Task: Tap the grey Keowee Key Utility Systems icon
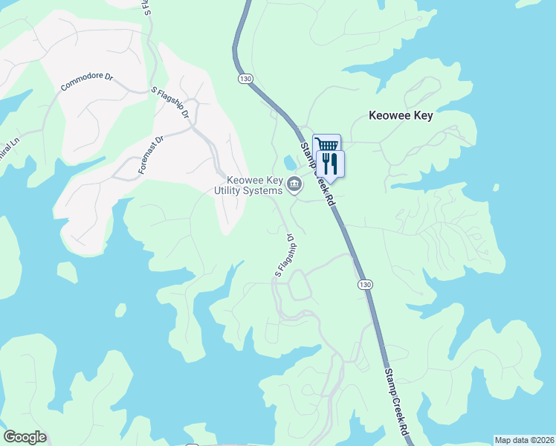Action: pos(294,184)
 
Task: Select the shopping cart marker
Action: pos(327,145)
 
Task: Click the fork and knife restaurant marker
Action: pos(330,163)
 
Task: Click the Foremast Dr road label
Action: pos(150,155)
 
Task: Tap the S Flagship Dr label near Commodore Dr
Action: pos(171,105)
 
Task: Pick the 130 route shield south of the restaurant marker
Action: pos(364,285)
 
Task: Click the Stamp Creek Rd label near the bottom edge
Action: pos(397,402)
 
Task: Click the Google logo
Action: pos(25,437)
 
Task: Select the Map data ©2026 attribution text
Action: pos(523,440)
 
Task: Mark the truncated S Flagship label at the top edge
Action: pos(146,7)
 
